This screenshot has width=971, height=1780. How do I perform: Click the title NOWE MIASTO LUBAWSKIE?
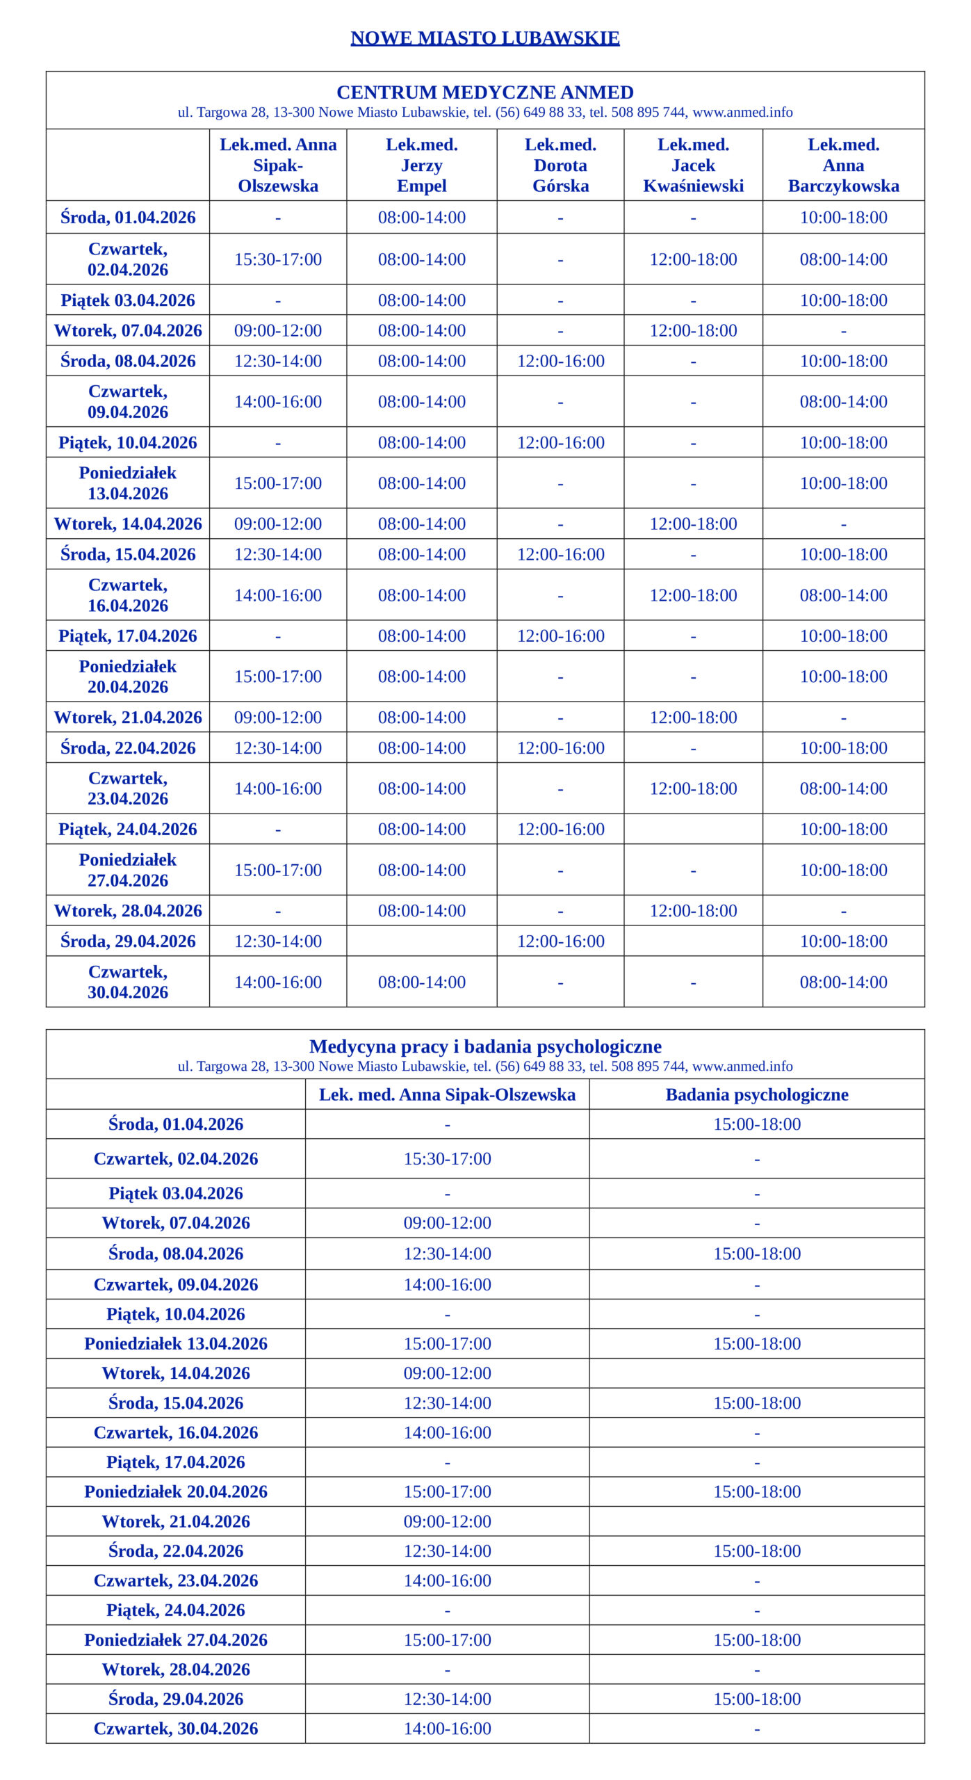pyautogui.click(x=484, y=38)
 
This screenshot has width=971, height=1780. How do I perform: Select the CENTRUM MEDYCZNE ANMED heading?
pyautogui.click(x=484, y=92)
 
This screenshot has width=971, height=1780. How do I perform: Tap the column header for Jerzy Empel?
pyautogui.click(x=421, y=165)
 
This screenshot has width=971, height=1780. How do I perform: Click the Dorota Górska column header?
pyautogui.click(x=560, y=165)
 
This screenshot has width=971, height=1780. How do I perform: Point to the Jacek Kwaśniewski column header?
pyautogui.click(x=693, y=165)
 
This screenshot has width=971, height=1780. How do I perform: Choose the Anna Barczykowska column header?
pyautogui.click(x=843, y=165)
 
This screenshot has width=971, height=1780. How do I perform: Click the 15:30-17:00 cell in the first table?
pyautogui.click(x=278, y=259)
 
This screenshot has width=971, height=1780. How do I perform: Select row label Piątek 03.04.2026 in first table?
pyautogui.click(x=128, y=300)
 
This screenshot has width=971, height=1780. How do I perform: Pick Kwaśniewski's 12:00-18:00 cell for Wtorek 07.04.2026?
pyautogui.click(x=693, y=330)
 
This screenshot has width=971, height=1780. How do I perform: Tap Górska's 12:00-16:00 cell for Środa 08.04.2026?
pyautogui.click(x=560, y=361)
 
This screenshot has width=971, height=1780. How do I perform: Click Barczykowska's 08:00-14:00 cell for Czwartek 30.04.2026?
pyautogui.click(x=843, y=982)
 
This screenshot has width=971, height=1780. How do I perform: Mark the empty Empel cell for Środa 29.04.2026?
pyautogui.click(x=421, y=941)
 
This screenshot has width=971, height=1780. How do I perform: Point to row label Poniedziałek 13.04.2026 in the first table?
pyautogui.click(x=128, y=483)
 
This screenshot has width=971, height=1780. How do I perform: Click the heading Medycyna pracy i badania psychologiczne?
pyautogui.click(x=484, y=1046)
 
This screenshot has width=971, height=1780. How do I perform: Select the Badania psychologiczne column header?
pyautogui.click(x=757, y=1094)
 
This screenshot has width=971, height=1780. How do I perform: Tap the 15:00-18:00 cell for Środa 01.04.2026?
pyautogui.click(x=757, y=1124)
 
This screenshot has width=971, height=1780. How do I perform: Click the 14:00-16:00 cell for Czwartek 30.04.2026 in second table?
pyautogui.click(x=447, y=1729)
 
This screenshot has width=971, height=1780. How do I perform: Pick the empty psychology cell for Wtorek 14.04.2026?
pyautogui.click(x=757, y=1373)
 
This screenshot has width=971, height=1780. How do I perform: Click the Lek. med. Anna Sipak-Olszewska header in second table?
pyautogui.click(x=447, y=1094)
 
